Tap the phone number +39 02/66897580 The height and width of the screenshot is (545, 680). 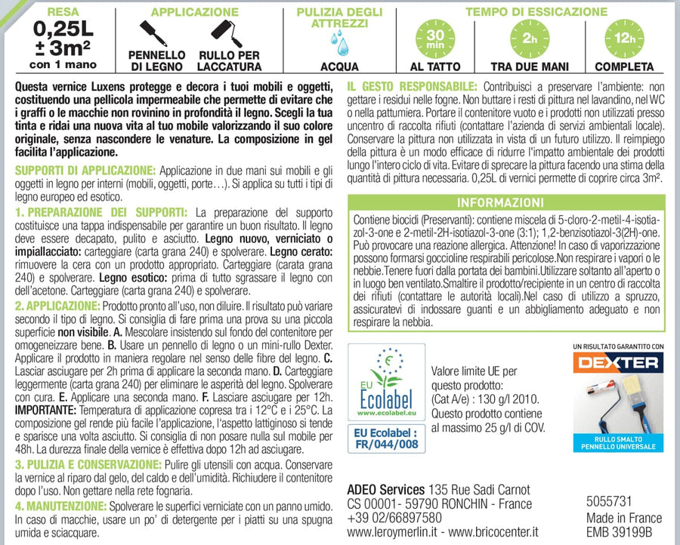(395, 518)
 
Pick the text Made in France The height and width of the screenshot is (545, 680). (624, 518)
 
